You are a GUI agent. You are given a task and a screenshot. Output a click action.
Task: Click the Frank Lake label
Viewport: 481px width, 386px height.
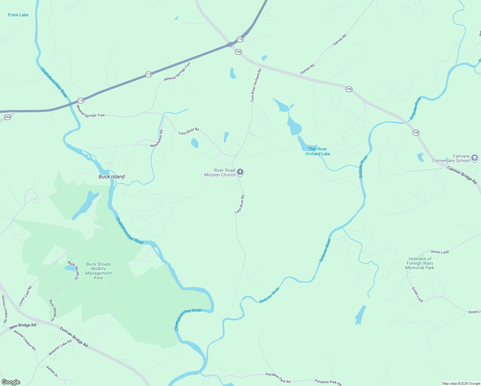point(18,15)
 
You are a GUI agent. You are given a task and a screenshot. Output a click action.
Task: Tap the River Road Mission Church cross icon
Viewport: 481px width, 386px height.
point(240,172)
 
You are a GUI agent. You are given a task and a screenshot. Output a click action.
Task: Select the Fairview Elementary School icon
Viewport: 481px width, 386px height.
point(475,158)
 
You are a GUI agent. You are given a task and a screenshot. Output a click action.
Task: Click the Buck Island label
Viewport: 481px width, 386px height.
point(112,177)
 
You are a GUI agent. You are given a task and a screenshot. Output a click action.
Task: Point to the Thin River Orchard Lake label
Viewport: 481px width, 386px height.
point(318,151)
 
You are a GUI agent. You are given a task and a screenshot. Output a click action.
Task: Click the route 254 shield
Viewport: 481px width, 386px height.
point(8,117)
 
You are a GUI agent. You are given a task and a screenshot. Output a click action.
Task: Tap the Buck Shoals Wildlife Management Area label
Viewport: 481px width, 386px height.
point(98,271)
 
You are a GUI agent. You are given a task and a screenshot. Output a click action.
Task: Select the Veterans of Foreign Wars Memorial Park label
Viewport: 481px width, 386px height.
point(420,263)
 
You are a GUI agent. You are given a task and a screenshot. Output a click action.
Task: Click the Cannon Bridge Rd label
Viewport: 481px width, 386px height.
point(462,175)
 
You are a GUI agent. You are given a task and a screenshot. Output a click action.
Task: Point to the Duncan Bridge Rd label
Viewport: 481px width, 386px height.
point(74,337)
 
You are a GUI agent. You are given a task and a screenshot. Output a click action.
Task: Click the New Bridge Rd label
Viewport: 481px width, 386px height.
point(23,326)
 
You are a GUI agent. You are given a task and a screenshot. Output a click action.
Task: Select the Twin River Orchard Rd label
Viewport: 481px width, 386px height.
point(256,85)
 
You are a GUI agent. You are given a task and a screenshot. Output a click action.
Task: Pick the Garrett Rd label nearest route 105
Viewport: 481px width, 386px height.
point(307,69)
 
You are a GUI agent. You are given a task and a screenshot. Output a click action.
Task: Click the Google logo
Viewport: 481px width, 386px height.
point(11,382)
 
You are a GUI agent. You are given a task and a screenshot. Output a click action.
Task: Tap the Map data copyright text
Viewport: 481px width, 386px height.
point(461,383)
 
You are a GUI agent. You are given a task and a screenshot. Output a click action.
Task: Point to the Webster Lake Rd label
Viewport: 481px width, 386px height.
point(60,348)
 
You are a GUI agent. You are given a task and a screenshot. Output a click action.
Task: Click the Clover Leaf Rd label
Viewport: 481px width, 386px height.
point(25,296)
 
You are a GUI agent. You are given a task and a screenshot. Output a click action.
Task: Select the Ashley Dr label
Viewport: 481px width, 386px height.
point(51,371)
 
